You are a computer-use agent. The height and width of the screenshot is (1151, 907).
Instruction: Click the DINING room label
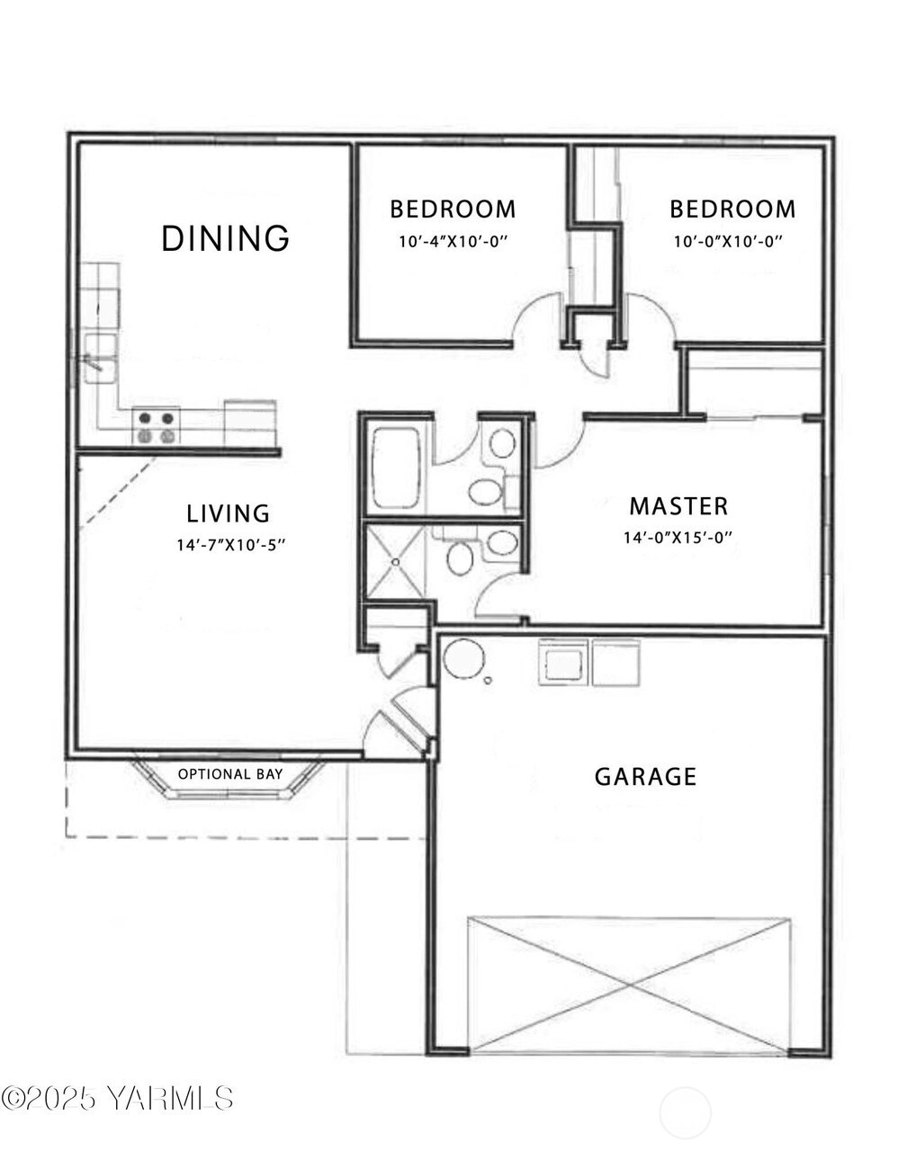point(226,238)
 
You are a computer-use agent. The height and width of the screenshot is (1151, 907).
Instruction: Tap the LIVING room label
point(228,513)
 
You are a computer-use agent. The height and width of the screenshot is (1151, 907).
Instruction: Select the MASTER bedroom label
point(678,506)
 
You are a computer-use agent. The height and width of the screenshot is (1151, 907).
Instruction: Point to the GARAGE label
point(645,776)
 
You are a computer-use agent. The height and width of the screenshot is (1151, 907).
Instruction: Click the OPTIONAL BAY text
point(230,774)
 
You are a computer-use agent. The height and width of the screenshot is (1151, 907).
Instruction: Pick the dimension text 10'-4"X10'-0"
point(453,242)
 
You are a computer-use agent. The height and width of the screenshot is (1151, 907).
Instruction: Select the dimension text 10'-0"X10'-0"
point(728,242)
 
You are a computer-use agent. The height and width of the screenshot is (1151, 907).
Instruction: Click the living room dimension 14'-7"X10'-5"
point(231,545)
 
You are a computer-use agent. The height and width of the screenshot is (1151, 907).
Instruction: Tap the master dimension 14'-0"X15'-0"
point(678,537)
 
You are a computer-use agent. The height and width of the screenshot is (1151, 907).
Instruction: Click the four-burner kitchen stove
point(156,427)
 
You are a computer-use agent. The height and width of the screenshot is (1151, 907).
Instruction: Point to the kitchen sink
point(100,359)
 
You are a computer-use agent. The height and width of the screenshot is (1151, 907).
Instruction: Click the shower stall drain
point(395,562)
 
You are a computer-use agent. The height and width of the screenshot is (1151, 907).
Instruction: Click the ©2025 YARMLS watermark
point(117,1098)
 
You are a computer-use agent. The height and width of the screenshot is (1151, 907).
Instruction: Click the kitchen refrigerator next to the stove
point(250,423)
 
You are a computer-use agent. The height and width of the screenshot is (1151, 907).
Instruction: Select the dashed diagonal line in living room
point(121,490)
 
